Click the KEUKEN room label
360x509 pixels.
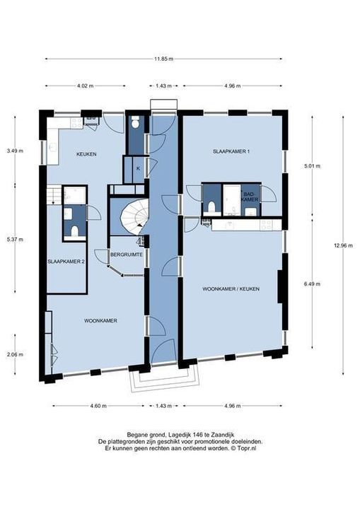86,154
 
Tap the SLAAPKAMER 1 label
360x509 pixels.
231,151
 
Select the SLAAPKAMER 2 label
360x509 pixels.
66,262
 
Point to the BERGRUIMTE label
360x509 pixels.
127,255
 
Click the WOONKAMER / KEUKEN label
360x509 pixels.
231,288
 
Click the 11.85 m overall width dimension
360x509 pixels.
163,59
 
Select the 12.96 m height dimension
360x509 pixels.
343,246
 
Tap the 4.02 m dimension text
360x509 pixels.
85,86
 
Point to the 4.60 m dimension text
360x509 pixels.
98,406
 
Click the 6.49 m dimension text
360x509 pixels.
312,283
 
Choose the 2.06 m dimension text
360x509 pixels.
15,354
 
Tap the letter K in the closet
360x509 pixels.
138,168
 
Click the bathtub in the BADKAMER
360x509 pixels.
232,199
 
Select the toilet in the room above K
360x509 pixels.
135,122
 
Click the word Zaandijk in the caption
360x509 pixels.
223,435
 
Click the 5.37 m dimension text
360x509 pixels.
15,240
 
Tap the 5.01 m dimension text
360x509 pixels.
312,166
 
